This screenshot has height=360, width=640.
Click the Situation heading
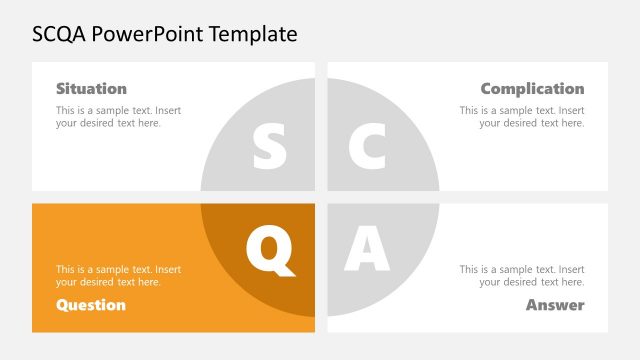(91, 88)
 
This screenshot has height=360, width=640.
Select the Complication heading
(532, 88)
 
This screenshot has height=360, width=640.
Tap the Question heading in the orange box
(91, 305)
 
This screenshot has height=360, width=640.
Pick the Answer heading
(555, 305)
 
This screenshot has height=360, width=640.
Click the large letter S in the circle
(269, 147)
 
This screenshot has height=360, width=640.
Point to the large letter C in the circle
(367, 147)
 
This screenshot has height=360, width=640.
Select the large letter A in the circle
(367, 250)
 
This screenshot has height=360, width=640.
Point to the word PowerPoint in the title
(149, 34)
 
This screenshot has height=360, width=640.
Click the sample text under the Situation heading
(118, 117)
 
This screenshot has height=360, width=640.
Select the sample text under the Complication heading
(522, 117)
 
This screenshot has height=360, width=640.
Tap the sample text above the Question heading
(118, 276)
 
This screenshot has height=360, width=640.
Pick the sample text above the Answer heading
(522, 276)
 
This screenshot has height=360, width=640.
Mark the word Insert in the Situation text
(168, 110)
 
